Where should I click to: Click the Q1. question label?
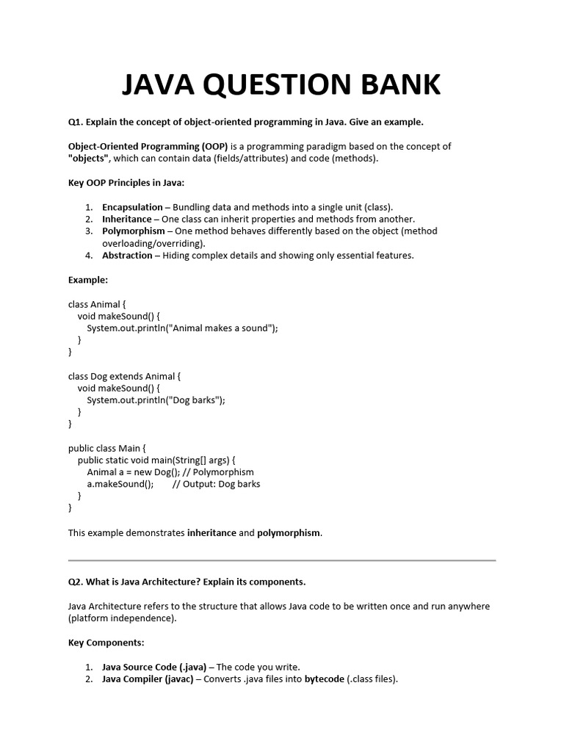click(x=76, y=122)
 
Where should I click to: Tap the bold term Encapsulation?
click(x=132, y=207)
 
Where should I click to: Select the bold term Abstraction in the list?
click(x=127, y=256)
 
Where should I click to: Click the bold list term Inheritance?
click(x=126, y=219)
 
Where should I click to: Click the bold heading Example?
click(x=88, y=280)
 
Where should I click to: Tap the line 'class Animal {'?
click(x=98, y=304)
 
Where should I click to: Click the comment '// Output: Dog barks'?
click(x=216, y=484)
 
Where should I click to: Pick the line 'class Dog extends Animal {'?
click(x=124, y=376)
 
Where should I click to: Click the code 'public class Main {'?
click(x=107, y=448)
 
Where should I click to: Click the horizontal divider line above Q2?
click(x=282, y=560)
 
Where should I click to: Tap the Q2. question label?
click(x=76, y=582)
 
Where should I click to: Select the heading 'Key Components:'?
click(x=106, y=643)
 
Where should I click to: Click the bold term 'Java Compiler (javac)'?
click(x=148, y=679)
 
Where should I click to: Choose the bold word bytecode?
click(x=324, y=679)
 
